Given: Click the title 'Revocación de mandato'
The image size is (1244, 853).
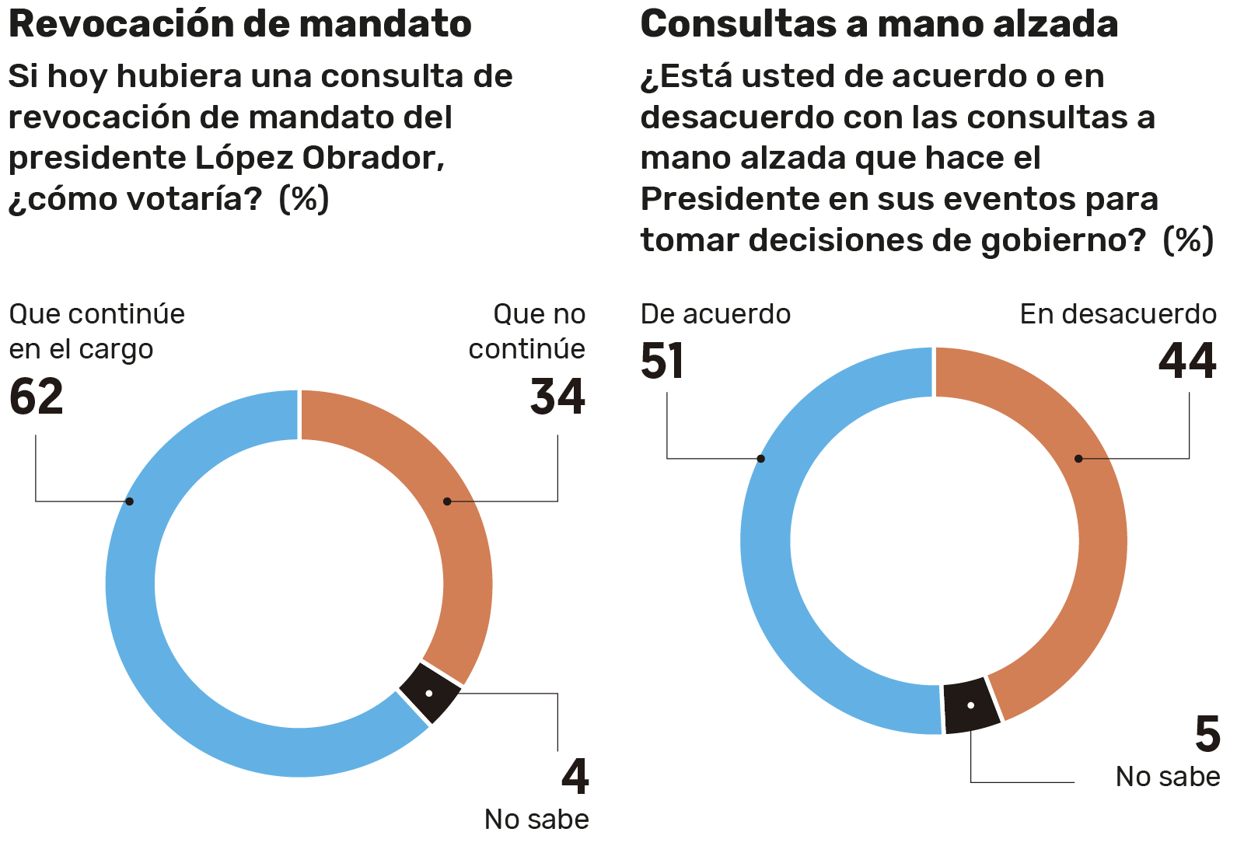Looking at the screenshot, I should tap(239, 24).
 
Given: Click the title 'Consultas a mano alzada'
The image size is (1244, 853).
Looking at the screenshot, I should tap(879, 24).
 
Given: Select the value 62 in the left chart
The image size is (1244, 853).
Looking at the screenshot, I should tap(37, 397).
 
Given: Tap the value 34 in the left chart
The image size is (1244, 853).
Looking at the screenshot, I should tap(557, 397).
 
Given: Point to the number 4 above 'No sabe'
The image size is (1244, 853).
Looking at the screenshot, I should tap(575, 776).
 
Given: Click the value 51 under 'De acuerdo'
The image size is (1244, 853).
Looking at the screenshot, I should tap(662, 362).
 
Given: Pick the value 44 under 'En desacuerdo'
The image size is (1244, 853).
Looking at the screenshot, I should tap(1187, 362).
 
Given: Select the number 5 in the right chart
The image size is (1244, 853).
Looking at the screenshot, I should tap(1207, 735).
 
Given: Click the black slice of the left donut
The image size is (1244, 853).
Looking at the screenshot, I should tap(430, 693).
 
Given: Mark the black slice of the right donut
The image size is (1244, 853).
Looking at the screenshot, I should tap(971, 705).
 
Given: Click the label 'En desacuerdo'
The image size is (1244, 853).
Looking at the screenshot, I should tap(1118, 314).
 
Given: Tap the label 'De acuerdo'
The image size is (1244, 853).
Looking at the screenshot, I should tap(715, 314).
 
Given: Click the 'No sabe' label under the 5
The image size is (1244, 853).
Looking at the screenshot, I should tap(1167, 777).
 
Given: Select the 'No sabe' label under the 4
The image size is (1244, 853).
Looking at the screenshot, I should tap(536, 820).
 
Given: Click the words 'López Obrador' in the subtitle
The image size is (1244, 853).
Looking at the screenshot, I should tap(319, 159).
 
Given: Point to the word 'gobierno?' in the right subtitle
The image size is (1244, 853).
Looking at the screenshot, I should tap(1063, 240).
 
